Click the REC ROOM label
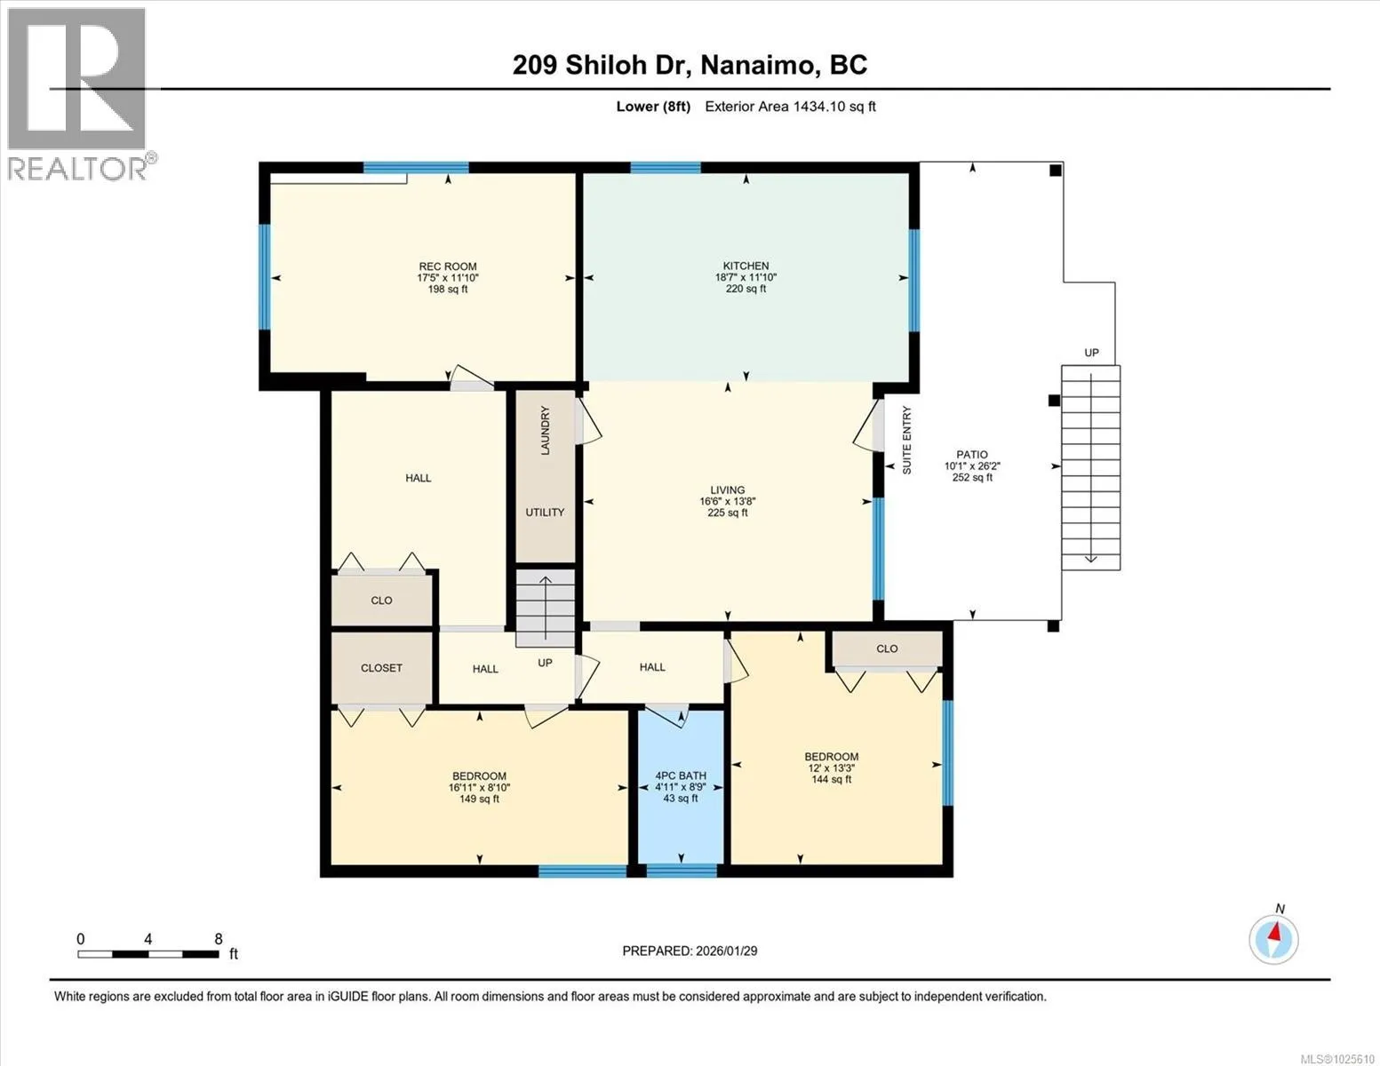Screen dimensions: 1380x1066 pos(447,266)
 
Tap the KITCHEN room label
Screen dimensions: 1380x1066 pos(746,266)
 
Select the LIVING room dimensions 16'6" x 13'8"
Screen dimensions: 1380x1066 pos(727,501)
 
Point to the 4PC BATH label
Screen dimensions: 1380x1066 pos(680,776)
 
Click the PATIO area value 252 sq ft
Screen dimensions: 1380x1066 pos(971,477)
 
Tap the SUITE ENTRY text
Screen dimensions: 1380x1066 pos(906,440)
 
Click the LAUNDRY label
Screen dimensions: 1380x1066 pos(545,431)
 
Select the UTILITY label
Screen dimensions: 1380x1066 pos(544,512)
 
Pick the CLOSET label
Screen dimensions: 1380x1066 pos(381,668)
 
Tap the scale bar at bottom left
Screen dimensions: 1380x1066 pos(148,953)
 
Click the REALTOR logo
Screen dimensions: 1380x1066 pos(78,94)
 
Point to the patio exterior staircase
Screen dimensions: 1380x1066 pos(1090,467)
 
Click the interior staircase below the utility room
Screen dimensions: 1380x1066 pos(545,608)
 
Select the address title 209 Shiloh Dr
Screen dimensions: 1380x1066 pos(601,65)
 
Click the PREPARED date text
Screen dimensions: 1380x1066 pos(690,951)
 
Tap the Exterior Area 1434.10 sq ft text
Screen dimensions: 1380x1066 pos(790,107)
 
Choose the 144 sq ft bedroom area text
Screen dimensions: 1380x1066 pos(831,779)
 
